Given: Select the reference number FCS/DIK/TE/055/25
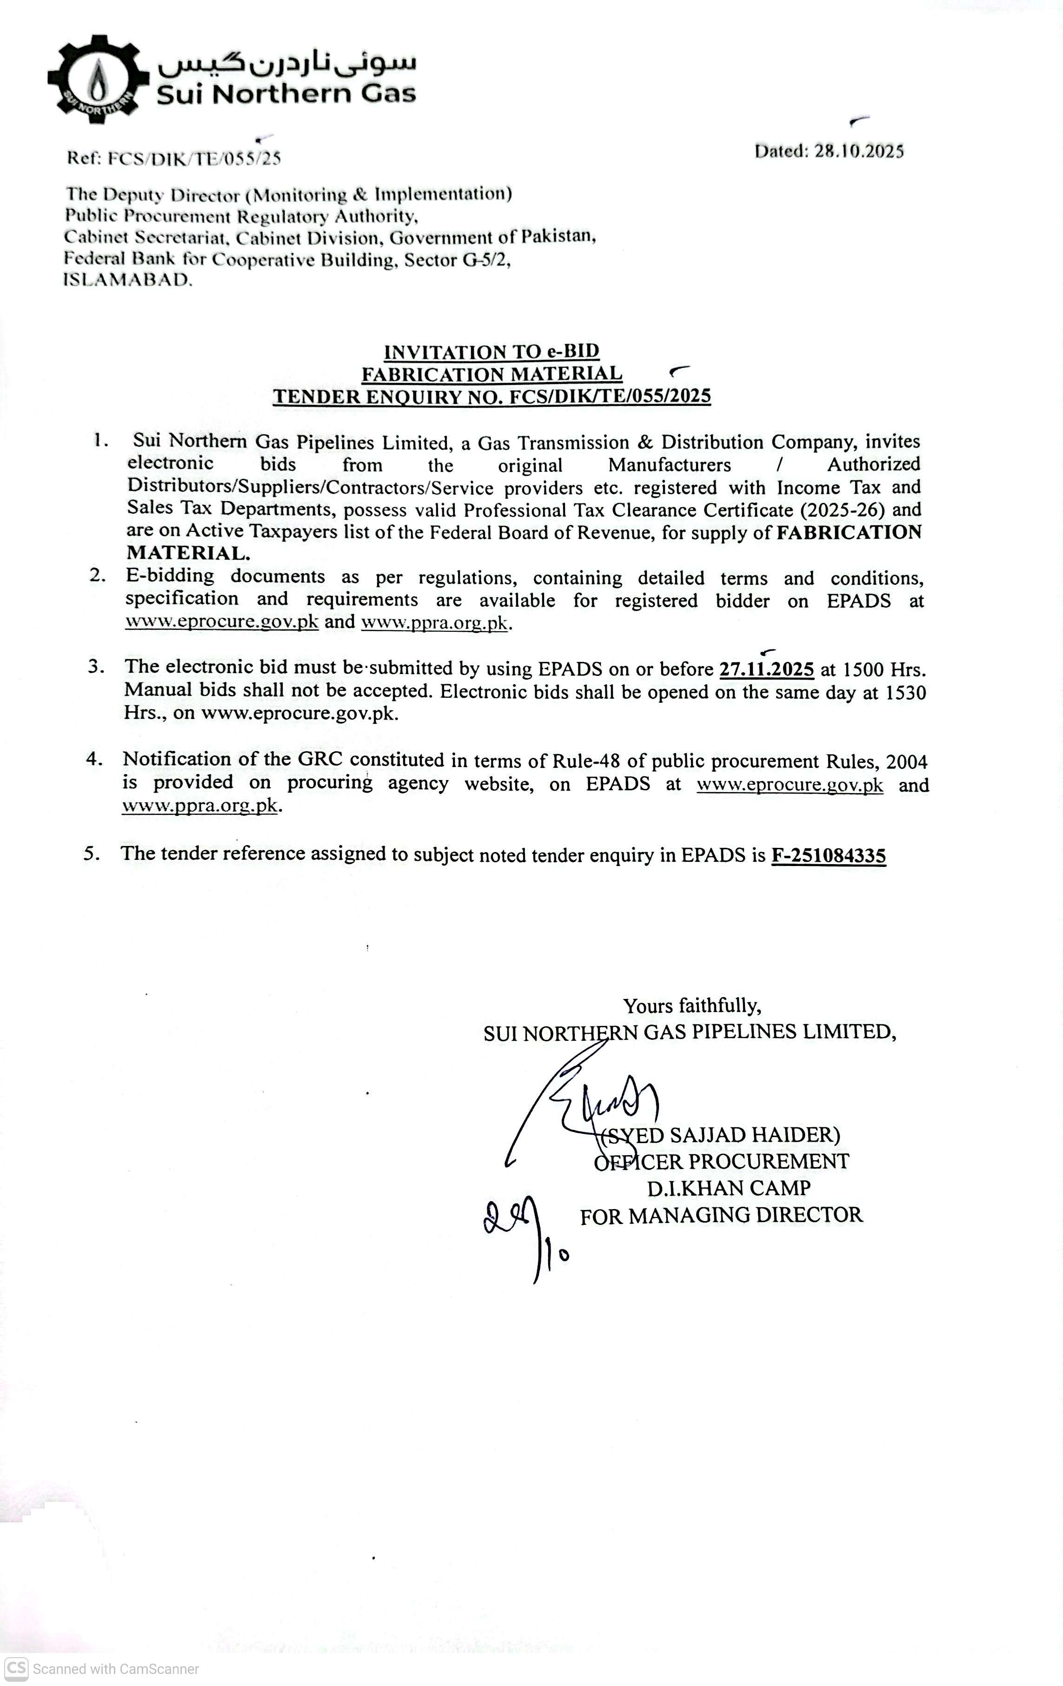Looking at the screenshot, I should click(x=194, y=158).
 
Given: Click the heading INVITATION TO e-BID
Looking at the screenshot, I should click(x=492, y=351).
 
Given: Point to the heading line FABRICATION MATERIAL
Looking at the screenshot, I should click(x=492, y=374).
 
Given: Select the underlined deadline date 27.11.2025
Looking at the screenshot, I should click(x=767, y=669).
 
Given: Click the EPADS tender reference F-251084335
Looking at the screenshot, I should click(x=829, y=856).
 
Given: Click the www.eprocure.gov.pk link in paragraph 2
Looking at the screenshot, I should click(x=222, y=622).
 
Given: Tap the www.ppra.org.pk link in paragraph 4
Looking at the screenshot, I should click(x=200, y=806).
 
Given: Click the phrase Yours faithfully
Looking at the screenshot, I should click(x=692, y=1006).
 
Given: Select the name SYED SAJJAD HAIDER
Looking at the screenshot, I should click(x=721, y=1135).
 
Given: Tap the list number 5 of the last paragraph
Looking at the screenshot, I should click(x=90, y=853).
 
